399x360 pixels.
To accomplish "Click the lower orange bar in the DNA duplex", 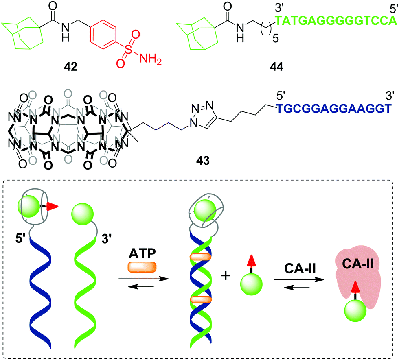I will (200, 300).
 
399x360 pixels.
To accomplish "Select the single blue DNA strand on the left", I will (41, 293).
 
